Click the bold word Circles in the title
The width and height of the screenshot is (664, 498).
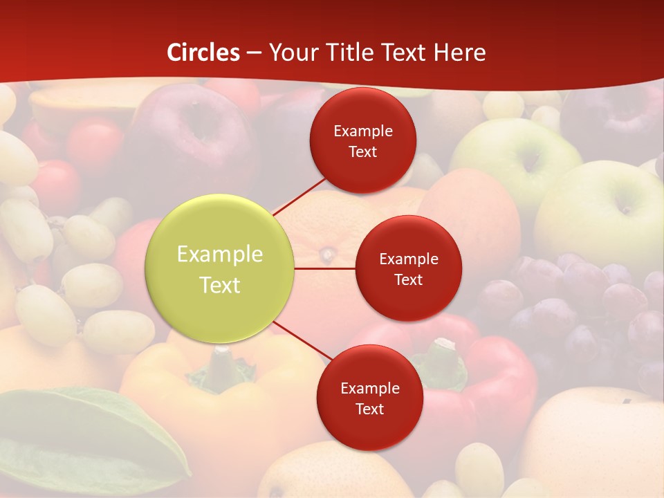point(203,53)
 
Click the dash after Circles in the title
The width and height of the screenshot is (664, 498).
point(254,53)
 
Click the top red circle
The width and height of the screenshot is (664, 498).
point(363,141)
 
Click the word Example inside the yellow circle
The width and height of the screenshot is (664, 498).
point(220,254)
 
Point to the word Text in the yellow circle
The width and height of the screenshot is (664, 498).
point(220,285)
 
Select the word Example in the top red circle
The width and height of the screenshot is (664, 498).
point(363,131)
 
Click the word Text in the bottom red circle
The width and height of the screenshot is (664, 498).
point(369,409)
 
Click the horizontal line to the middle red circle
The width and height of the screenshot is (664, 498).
point(325,268)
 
